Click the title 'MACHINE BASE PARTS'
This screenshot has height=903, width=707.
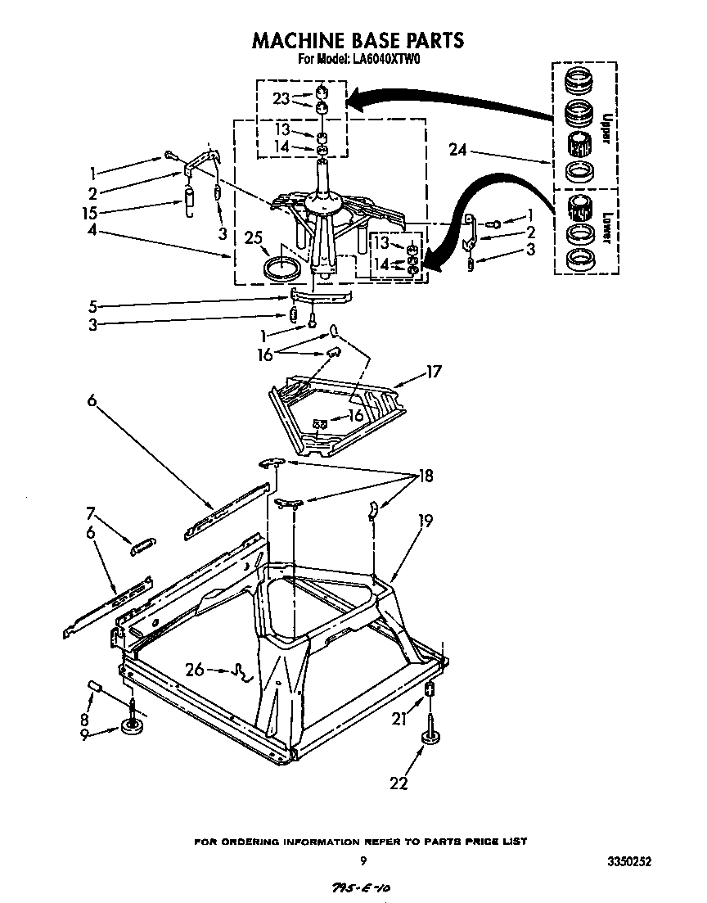coord(358,40)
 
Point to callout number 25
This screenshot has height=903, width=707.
coord(254,238)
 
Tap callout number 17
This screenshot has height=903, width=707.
coord(433,372)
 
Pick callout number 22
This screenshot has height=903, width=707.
coord(399,783)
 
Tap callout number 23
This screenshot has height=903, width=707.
coord(281,99)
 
